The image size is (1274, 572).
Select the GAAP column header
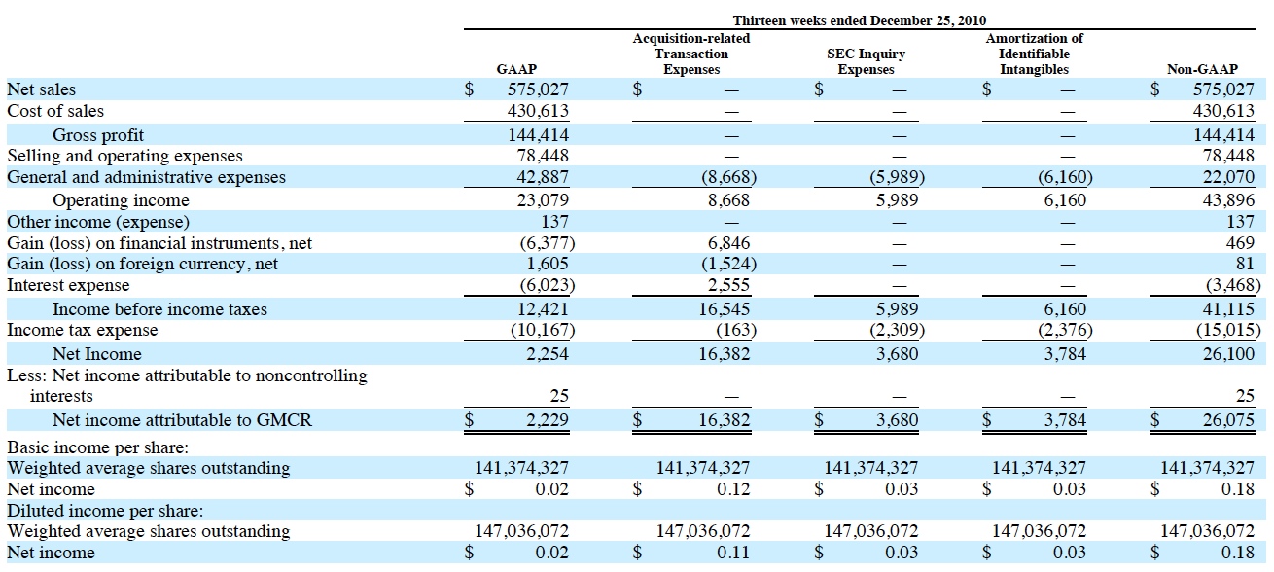(x=516, y=70)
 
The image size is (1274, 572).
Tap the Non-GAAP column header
(x=1202, y=70)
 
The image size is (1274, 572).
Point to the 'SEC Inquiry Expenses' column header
(x=866, y=62)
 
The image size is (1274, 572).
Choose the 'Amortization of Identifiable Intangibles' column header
(x=1034, y=54)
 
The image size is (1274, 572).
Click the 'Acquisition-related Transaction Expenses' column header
(x=690, y=54)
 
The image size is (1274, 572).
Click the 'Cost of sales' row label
(x=55, y=111)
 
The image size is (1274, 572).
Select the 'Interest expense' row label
(x=68, y=286)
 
